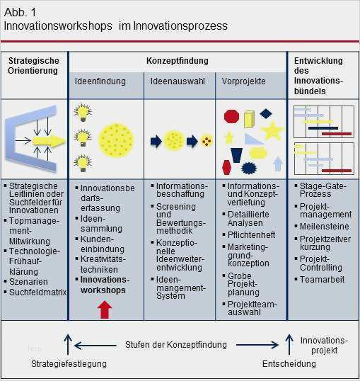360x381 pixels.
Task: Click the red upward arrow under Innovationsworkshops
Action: click(x=105, y=309)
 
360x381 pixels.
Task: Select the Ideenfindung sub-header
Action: click(x=100, y=81)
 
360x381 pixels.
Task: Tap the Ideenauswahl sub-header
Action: click(x=178, y=81)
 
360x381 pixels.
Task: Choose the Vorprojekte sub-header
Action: click(x=243, y=81)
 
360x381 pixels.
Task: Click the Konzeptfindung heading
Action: click(x=178, y=61)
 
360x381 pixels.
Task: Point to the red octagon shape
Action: click(x=231, y=116)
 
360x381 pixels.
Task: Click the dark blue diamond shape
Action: click(x=266, y=113)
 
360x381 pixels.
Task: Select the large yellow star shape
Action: click(x=272, y=131)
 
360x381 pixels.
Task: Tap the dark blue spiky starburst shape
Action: click(x=249, y=168)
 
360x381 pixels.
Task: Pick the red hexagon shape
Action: click(x=226, y=167)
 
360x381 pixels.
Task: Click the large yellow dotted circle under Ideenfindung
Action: click(x=116, y=140)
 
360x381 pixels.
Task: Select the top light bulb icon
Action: click(x=83, y=113)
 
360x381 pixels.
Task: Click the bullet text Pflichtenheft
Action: click(x=251, y=235)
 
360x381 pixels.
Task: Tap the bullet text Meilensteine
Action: click(x=325, y=227)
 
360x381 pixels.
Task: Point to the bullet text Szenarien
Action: click(x=28, y=282)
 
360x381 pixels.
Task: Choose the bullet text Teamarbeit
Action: click(x=322, y=280)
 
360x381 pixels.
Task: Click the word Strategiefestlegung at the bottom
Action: click(x=69, y=364)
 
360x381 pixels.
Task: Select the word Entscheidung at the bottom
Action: click(x=289, y=364)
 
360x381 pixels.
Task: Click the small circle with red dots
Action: click(x=207, y=141)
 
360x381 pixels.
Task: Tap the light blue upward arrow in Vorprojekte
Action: click(x=278, y=164)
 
